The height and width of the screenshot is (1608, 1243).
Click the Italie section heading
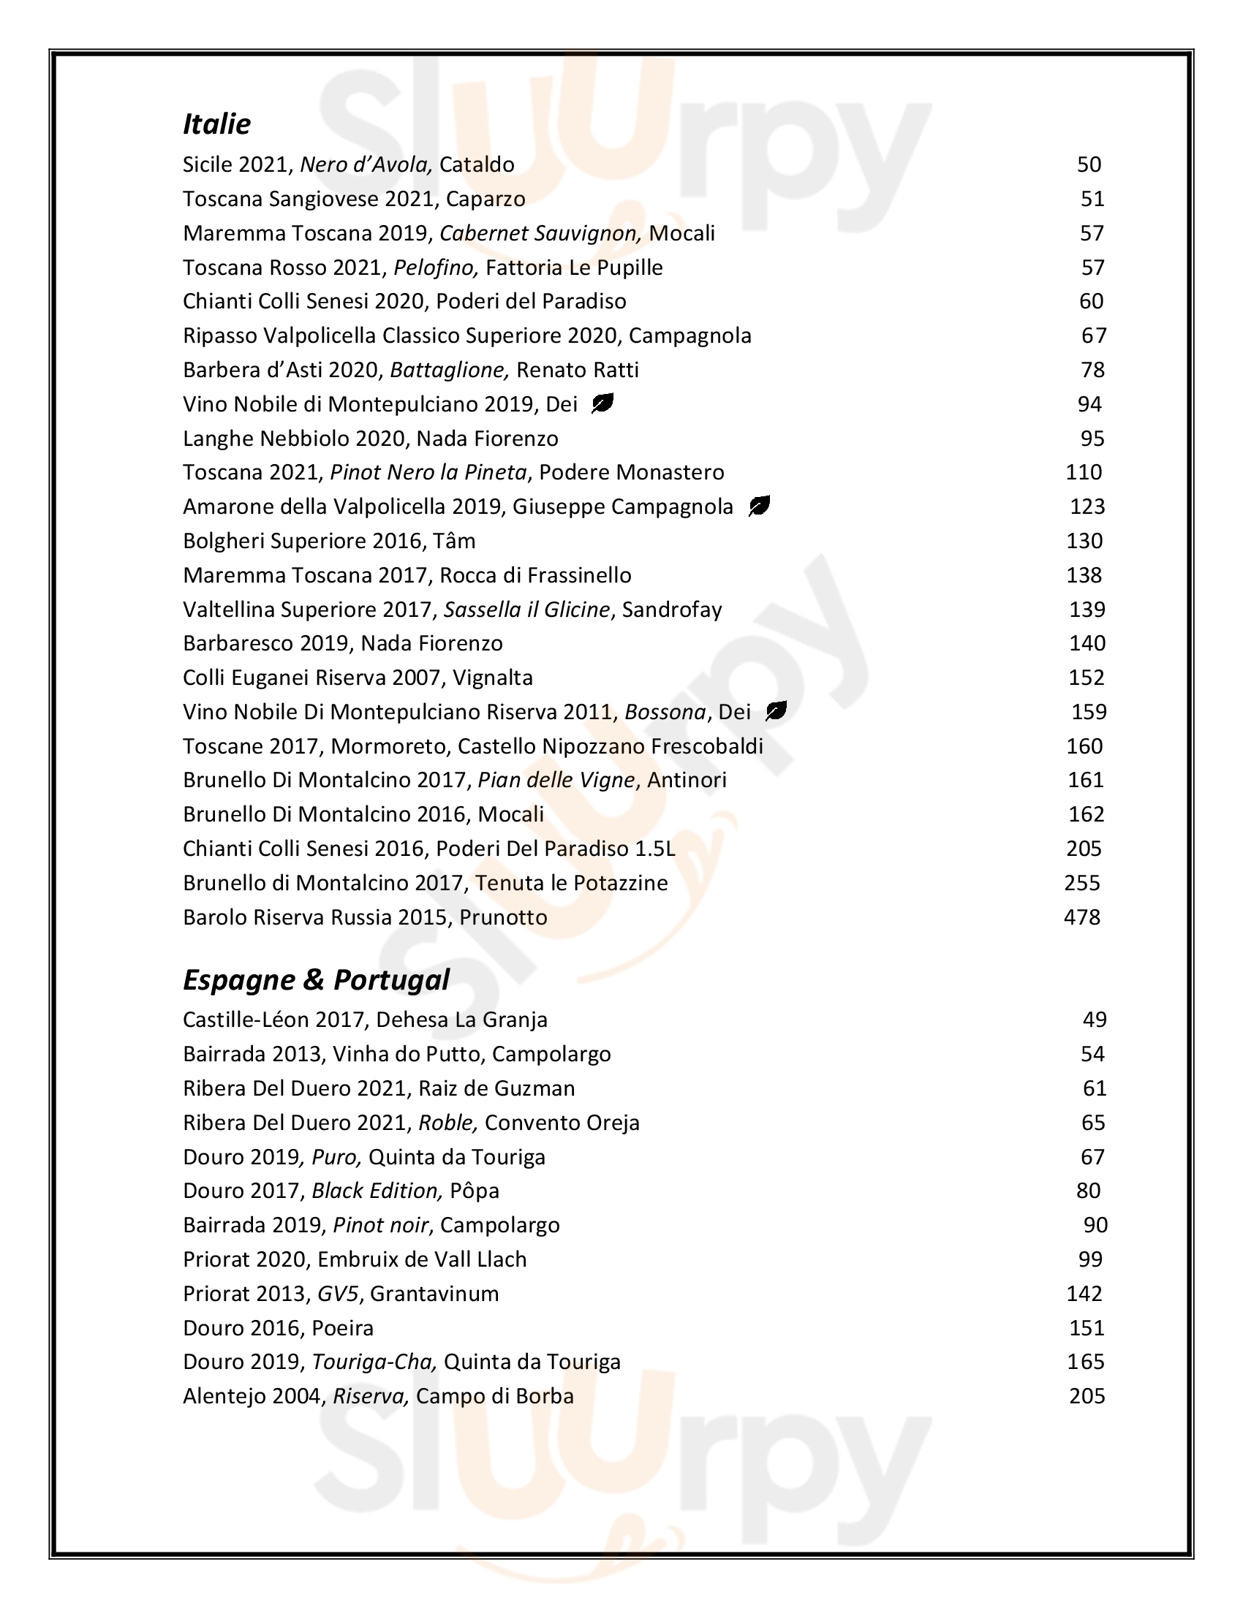pos(216,124)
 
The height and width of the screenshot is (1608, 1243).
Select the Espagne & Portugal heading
pos(316,980)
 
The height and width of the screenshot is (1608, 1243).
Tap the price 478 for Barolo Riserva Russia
pos(1081,917)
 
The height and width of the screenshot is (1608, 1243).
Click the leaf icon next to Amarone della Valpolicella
pos(759,507)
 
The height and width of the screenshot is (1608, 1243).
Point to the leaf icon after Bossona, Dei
pos(776,711)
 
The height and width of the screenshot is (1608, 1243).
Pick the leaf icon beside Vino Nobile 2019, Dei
pos(602,403)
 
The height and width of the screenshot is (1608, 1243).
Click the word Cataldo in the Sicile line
pos(477,164)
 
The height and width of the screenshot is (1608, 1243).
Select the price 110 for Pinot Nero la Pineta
pos(1083,472)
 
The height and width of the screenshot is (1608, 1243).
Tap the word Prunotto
pos(503,917)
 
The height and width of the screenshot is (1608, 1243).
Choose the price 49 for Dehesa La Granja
pos(1095,1020)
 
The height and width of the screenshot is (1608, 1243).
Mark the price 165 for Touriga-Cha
pos(1085,1362)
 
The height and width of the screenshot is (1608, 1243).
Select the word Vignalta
pos(492,678)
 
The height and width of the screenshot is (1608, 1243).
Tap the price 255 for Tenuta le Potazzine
pos(1081,883)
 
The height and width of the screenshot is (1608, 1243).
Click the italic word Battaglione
pos(449,370)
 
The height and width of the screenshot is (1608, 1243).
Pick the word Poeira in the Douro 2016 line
pos(342,1327)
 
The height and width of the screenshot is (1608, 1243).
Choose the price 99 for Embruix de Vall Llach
pos(1090,1259)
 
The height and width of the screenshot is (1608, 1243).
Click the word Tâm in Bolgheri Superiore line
pos(455,541)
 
